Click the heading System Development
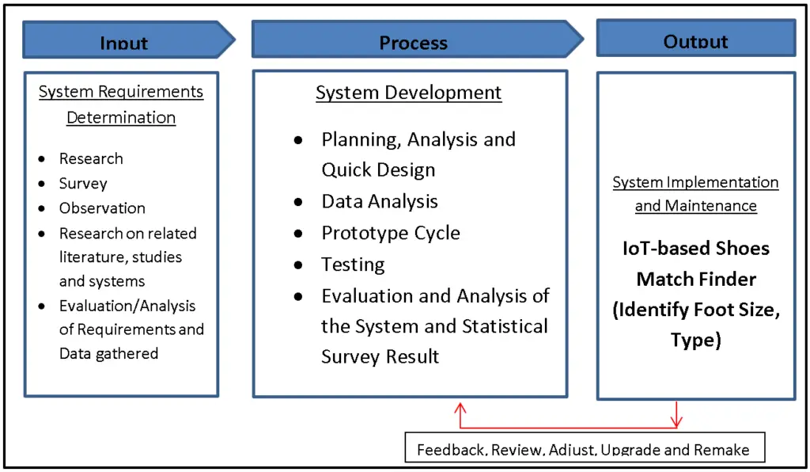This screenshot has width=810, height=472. click(408, 93)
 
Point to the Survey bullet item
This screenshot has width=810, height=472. click(83, 184)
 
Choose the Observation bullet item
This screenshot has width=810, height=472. click(102, 208)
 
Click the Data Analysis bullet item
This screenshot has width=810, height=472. click(379, 201)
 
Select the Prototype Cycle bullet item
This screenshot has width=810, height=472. click(390, 233)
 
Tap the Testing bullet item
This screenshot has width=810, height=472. click(353, 265)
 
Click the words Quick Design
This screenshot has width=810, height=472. click(378, 169)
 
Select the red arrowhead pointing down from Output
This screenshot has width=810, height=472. click(676, 420)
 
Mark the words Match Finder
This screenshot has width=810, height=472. click(696, 279)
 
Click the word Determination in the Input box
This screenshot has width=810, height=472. click(121, 117)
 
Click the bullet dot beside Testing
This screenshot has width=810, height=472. click(298, 265)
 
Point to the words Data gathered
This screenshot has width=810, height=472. click(108, 353)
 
